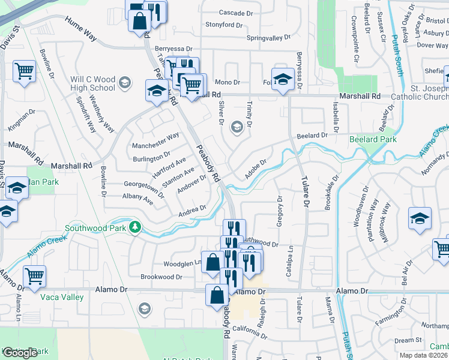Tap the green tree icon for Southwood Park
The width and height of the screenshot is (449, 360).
coord(136,227)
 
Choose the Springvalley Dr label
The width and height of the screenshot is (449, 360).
coord(268,38)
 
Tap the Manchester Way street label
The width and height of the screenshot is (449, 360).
coord(156,136)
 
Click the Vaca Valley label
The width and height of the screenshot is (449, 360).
coord(62,297)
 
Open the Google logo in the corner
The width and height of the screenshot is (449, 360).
coord(20,353)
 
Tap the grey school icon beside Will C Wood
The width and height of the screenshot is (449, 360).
coord(125,83)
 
